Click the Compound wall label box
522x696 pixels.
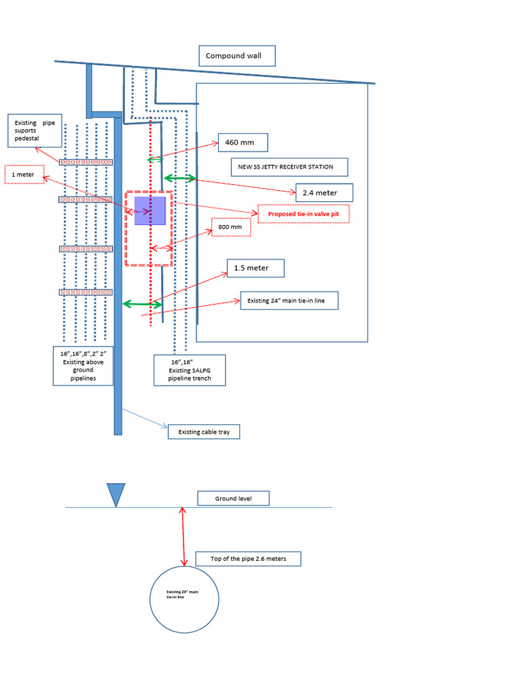(237, 56)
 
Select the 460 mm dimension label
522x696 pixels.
(243, 143)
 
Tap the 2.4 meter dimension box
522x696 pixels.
(324, 193)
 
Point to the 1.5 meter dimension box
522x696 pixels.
(251, 268)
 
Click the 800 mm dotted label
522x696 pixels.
(230, 227)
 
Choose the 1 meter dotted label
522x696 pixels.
(24, 175)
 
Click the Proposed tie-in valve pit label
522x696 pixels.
(303, 214)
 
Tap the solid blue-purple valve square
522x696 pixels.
(150, 211)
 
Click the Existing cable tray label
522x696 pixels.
(203, 432)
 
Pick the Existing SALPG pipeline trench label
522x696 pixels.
(190, 370)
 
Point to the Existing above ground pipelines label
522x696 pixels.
(84, 366)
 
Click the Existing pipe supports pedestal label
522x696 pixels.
(35, 130)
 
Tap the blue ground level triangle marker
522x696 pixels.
(116, 493)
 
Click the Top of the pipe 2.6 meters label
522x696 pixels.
(247, 559)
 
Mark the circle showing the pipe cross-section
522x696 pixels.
(184, 598)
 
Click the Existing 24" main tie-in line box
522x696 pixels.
(289, 300)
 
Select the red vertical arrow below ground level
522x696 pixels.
(183, 537)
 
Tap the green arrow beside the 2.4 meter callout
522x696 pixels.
(179, 178)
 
